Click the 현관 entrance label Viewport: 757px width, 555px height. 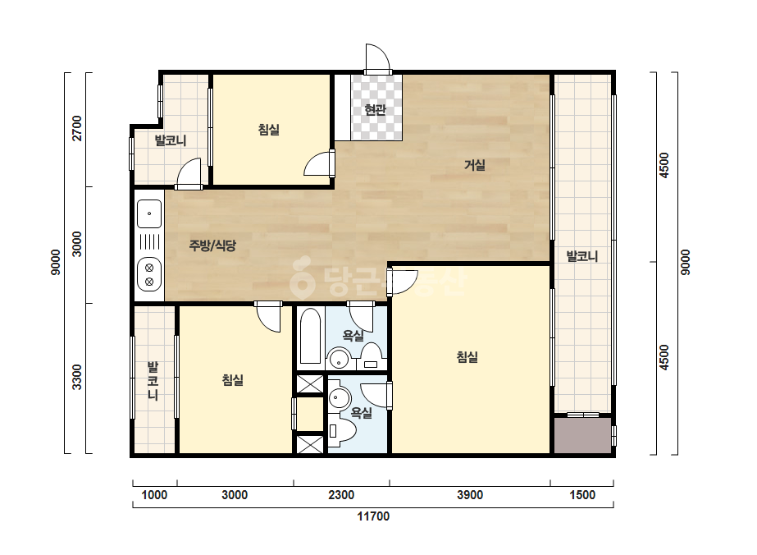(375, 110)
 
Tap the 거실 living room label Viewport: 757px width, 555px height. (475, 165)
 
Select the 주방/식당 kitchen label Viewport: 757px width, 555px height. (212, 245)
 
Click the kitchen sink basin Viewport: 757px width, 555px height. (149, 213)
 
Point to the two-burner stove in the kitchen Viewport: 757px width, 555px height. (149, 273)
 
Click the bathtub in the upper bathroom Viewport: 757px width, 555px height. (310, 336)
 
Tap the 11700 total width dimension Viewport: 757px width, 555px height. (373, 516)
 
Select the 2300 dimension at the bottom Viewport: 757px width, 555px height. (341, 495)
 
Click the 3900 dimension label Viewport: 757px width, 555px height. (470, 495)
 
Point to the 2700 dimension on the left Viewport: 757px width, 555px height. (77, 128)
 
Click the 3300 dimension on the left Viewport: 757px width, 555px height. (77, 377)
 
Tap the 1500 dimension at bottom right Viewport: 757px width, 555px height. (582, 495)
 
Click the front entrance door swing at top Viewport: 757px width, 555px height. (377, 58)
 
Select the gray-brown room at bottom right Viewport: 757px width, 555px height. (582, 436)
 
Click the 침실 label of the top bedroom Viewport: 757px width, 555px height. (269, 130)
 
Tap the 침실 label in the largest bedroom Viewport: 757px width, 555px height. (467, 357)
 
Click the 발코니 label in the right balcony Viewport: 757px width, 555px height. (582, 256)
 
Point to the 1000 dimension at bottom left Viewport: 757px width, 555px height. (154, 495)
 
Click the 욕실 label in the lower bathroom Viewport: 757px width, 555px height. (361, 413)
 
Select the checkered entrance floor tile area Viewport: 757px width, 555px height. (376, 108)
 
